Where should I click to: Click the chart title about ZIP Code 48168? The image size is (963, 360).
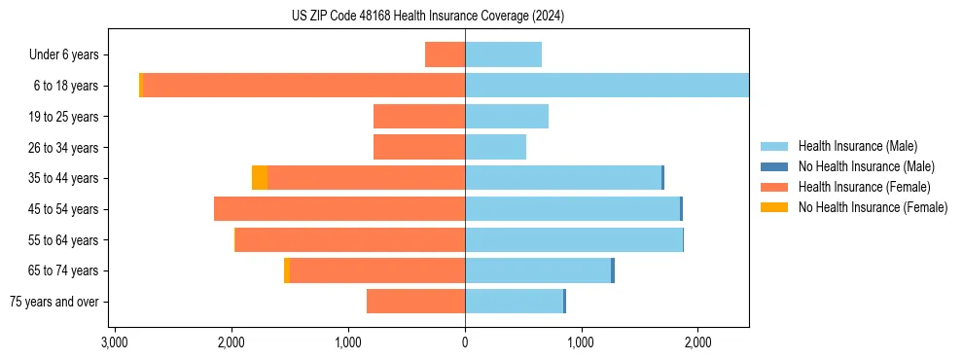click(428, 17)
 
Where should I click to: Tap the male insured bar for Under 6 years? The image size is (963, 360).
click(503, 54)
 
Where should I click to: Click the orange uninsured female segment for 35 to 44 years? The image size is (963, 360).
click(260, 178)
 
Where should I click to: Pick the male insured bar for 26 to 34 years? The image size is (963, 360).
click(495, 147)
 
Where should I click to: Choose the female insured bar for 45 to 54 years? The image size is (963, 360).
click(339, 209)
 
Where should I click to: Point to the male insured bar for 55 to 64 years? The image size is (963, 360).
click(574, 239)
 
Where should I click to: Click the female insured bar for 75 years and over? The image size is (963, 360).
click(415, 302)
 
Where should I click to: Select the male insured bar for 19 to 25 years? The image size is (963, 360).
click(507, 117)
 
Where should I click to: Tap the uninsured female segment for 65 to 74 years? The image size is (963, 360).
click(287, 270)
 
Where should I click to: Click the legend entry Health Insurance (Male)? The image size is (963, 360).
click(856, 146)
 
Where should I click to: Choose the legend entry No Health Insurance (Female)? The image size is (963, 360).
click(873, 207)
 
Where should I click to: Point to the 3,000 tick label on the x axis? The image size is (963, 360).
click(115, 343)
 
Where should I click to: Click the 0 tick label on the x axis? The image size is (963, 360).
click(465, 343)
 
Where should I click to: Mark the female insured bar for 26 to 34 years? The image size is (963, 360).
click(419, 147)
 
